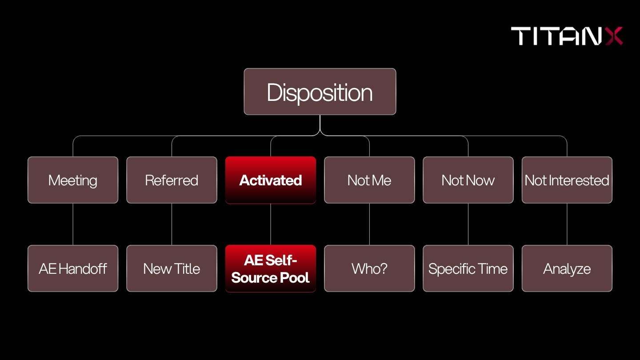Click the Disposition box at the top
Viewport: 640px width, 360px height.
(x=320, y=92)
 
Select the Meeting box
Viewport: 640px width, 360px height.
(x=73, y=180)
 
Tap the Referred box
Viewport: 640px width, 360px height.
(x=172, y=180)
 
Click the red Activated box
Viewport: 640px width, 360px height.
(x=271, y=180)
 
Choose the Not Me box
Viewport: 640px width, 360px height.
(x=369, y=180)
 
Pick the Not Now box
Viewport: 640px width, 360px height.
(x=468, y=180)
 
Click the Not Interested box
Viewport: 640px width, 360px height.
(x=567, y=180)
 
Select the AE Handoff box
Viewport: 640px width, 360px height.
(x=73, y=268)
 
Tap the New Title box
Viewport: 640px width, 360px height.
(x=172, y=268)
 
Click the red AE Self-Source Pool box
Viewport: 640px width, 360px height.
(x=271, y=268)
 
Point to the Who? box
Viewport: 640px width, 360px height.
(x=369, y=268)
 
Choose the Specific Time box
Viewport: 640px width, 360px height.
(x=468, y=268)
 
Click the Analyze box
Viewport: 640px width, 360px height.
(x=567, y=268)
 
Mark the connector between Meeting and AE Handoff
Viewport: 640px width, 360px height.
(x=73, y=224)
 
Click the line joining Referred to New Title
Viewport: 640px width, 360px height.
(x=172, y=224)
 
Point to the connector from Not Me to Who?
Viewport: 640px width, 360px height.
(x=369, y=224)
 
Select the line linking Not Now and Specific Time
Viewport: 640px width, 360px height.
(x=468, y=224)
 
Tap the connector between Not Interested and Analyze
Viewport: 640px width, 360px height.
(x=567, y=224)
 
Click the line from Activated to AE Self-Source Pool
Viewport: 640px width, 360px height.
(x=271, y=224)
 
